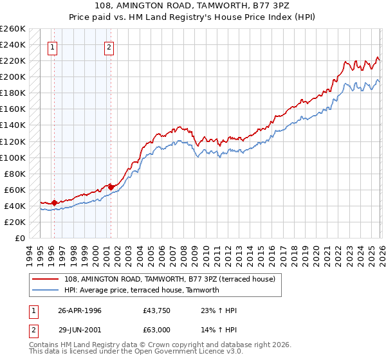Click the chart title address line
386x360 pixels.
193,6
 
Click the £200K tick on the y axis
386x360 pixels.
13,76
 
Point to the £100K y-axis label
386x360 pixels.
13,157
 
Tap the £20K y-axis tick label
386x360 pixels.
15,222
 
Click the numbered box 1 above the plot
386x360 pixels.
52,47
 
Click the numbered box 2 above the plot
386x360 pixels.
109,47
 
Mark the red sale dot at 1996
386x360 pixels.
55,203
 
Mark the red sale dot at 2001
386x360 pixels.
111,187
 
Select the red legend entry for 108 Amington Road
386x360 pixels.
170,279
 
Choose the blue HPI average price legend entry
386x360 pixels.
142,290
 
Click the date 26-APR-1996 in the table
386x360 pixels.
80,310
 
